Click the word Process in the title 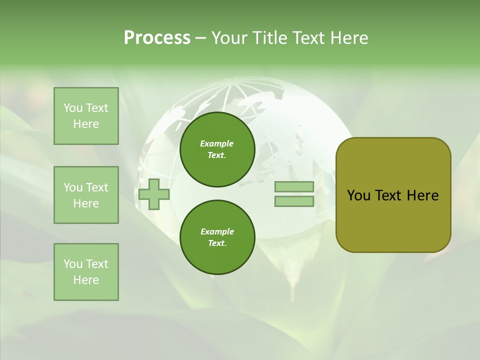157,38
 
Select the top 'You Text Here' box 86,116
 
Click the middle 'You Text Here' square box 86,195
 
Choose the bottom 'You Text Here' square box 86,272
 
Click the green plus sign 154,194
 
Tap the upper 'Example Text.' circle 217,149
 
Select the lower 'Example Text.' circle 217,237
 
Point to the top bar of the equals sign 294,187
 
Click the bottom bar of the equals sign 294,201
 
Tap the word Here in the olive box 422,195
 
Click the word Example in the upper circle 216,143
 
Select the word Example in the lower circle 217,231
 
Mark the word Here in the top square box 86,124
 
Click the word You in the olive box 358,195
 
